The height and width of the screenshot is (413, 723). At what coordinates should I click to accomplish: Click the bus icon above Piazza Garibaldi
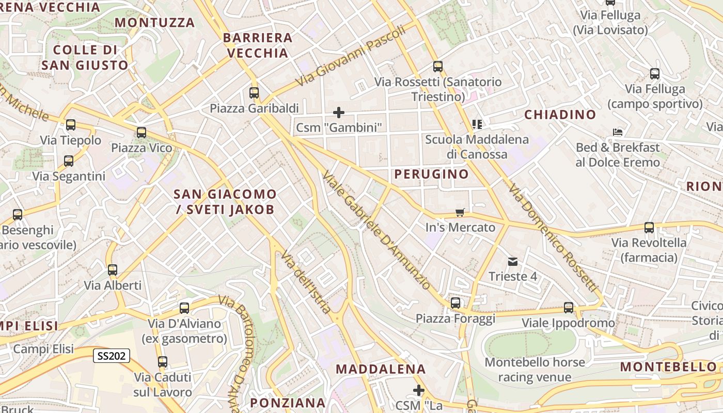254,93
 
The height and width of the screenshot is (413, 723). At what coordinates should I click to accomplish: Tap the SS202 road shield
112,356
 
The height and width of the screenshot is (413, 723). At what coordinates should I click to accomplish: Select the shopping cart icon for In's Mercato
460,212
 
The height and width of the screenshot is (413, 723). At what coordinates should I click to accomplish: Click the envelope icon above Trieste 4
513,261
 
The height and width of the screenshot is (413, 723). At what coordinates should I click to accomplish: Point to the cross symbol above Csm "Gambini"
339,112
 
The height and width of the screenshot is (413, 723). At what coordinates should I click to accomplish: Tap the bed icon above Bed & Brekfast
617,132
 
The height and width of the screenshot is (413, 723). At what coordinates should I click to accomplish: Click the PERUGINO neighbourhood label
432,174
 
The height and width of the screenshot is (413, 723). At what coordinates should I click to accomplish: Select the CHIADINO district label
560,115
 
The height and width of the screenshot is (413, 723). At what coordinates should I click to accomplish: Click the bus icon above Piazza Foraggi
455,303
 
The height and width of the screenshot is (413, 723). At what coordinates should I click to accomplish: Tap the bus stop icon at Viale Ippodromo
569,308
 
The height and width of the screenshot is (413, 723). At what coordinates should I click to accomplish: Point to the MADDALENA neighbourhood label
381,369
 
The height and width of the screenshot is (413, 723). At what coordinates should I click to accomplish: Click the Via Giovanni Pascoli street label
351,56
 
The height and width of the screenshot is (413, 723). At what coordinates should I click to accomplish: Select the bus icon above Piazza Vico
142,133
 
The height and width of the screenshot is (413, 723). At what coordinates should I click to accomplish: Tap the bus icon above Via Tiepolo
71,125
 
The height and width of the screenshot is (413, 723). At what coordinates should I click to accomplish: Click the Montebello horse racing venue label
535,370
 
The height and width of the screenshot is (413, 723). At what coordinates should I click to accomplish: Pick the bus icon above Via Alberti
113,269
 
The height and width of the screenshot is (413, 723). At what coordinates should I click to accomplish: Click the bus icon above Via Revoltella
649,228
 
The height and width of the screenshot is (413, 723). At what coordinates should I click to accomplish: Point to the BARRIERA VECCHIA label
258,45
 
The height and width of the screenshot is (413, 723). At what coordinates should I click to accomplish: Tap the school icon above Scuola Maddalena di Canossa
477,124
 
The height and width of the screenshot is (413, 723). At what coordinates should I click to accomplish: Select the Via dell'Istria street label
306,282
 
